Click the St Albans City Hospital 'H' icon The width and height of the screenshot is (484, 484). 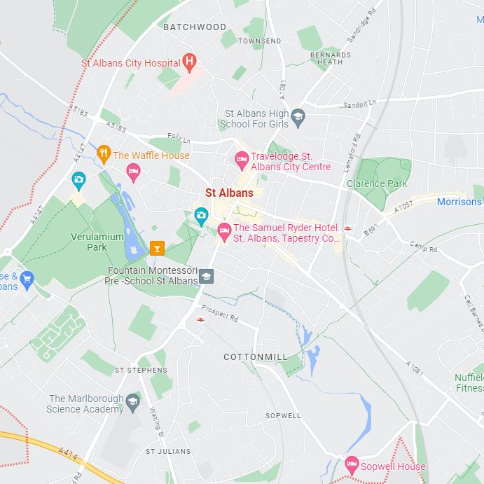point(189,62)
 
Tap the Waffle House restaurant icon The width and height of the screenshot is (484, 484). point(104,154)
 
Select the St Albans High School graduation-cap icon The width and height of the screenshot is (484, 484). point(298,116)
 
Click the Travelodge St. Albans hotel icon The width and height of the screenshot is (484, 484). point(242,160)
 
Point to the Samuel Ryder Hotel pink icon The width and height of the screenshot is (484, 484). point(225,230)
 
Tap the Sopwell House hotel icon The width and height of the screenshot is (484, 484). point(352,464)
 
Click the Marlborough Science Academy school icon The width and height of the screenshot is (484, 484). point(133,401)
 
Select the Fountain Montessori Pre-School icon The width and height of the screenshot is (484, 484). point(206,276)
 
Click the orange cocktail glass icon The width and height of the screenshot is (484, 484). point(158,247)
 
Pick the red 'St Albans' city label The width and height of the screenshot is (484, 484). point(229,193)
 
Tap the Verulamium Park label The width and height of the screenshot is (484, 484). point(97,242)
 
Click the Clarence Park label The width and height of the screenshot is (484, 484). point(377,184)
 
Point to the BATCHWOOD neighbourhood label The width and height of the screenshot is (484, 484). point(195,27)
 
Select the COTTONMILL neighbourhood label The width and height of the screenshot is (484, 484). point(255,357)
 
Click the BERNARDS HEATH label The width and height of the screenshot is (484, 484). point(330,58)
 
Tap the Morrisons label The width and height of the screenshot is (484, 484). point(459,202)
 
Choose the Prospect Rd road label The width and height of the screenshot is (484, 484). point(220,313)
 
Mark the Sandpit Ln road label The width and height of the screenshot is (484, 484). point(359,104)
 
